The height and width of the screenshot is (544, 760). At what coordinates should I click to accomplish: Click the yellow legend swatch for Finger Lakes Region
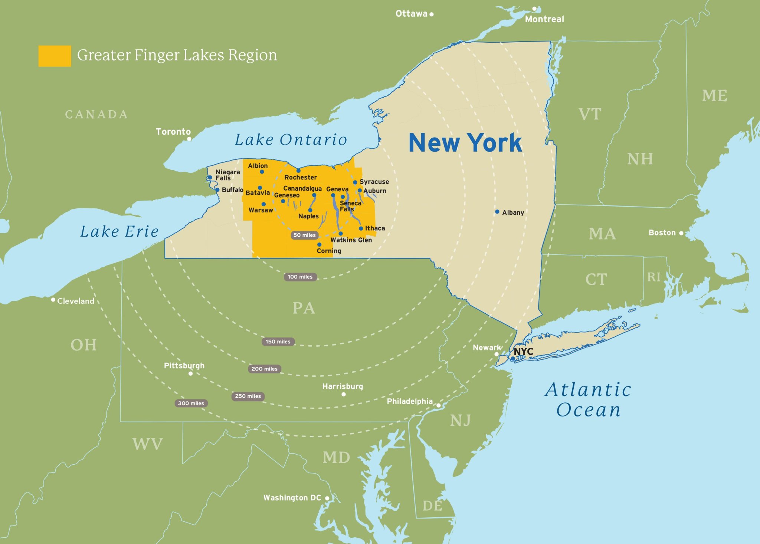pos(55,56)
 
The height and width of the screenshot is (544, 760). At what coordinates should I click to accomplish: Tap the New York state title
pos(465,143)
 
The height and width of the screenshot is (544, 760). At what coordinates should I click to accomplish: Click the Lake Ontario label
pos(291,140)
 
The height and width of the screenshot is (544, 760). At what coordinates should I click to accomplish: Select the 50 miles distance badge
pos(304,235)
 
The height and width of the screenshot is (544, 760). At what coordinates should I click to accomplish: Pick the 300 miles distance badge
pos(191,403)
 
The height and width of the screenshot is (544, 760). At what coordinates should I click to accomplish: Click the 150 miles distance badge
pos(278,342)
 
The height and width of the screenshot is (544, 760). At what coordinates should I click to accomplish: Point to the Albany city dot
pos(497,212)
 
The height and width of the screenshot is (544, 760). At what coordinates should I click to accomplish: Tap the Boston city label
pos(662,233)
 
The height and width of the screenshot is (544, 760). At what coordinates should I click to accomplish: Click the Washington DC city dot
pos(327,498)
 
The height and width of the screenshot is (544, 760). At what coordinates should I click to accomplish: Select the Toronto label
pos(173,132)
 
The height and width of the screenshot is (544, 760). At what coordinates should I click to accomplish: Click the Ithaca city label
pos(375,228)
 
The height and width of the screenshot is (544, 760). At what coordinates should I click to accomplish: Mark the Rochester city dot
pos(298,171)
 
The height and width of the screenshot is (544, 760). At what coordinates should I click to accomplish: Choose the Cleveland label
pos(76,301)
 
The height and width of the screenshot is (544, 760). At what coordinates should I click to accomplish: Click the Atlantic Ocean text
pos(588,400)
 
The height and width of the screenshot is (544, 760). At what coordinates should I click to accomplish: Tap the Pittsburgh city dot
pos(190,373)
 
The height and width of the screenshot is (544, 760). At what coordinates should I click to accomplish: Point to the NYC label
pos(523,351)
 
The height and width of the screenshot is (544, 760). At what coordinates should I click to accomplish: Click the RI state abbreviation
pos(654,277)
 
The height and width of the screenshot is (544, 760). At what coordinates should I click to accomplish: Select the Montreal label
pos(544,19)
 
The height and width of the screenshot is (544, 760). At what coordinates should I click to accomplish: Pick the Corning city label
pos(329,251)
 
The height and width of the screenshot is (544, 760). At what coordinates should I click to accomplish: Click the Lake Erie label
pos(119,231)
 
